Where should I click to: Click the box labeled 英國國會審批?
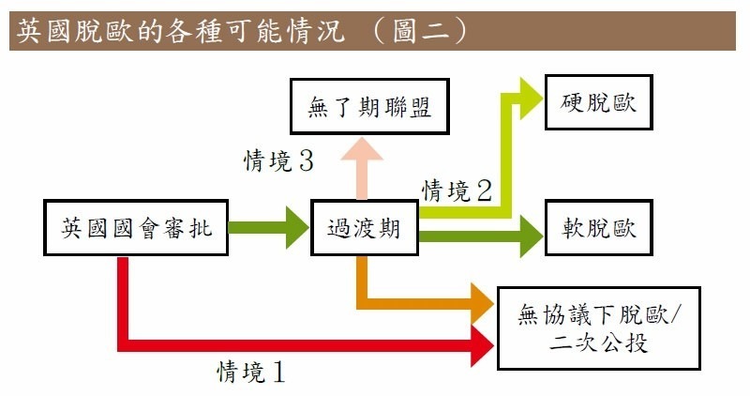coord(136,228)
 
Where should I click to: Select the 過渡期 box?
coord(364,228)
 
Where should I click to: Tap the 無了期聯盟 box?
coord(369,106)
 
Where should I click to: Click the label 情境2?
coord(457,192)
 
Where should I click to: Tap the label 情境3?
coord(278,160)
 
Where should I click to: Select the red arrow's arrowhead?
coord(482,345)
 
